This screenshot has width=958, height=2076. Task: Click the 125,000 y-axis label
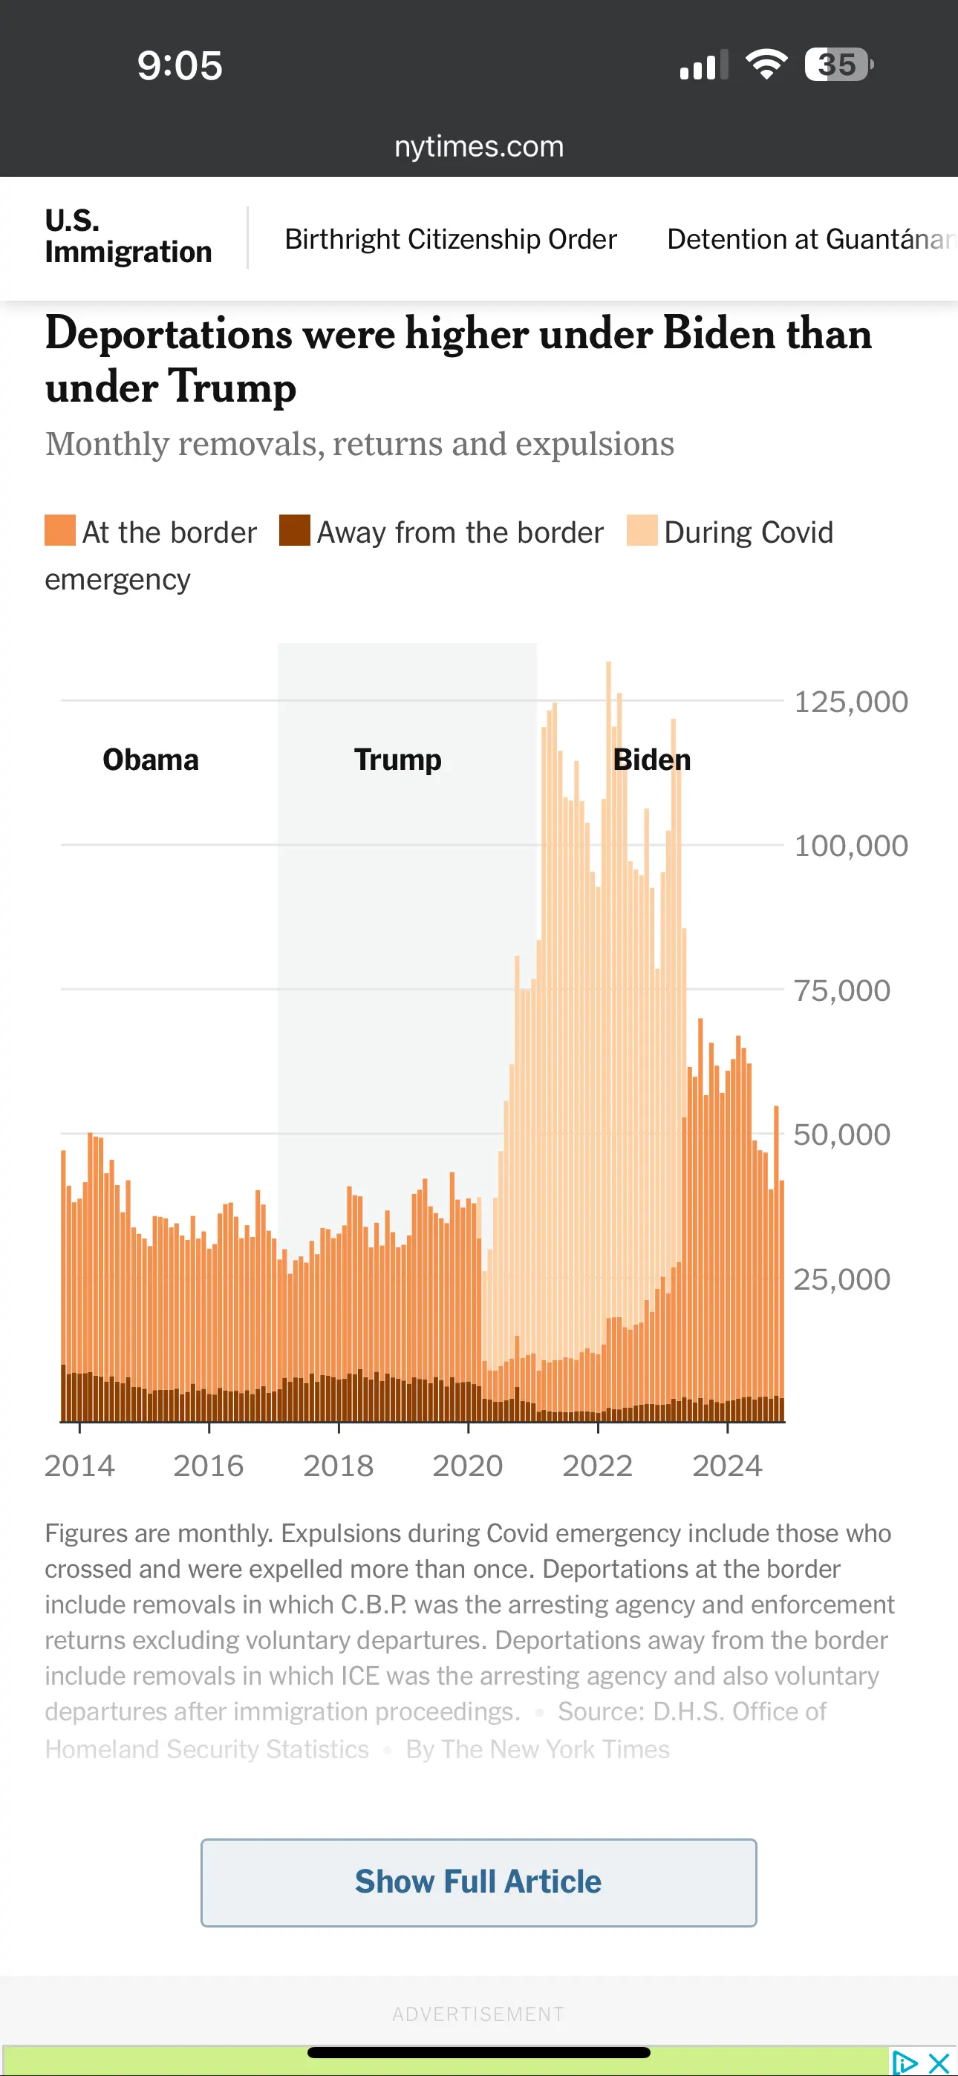[851, 702]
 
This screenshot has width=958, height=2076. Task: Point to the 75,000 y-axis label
[842, 990]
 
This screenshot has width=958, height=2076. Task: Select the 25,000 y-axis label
[842, 1279]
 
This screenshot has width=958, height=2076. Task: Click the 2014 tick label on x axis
[79, 1465]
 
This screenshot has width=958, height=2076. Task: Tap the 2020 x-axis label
[468, 1465]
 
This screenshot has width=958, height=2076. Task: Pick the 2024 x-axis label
[726, 1465]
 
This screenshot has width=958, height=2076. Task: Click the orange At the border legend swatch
[59, 530]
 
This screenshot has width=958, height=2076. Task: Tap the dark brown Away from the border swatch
[294, 530]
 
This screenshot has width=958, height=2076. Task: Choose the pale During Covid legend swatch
[642, 530]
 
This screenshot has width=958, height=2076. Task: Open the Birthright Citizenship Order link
[450, 239]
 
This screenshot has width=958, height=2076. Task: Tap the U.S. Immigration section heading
[128, 236]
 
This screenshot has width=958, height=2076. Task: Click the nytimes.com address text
[479, 147]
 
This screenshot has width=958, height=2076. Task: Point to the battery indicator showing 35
[838, 65]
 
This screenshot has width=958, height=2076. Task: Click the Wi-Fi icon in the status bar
[766, 65]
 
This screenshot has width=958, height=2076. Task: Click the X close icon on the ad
[939, 2063]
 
